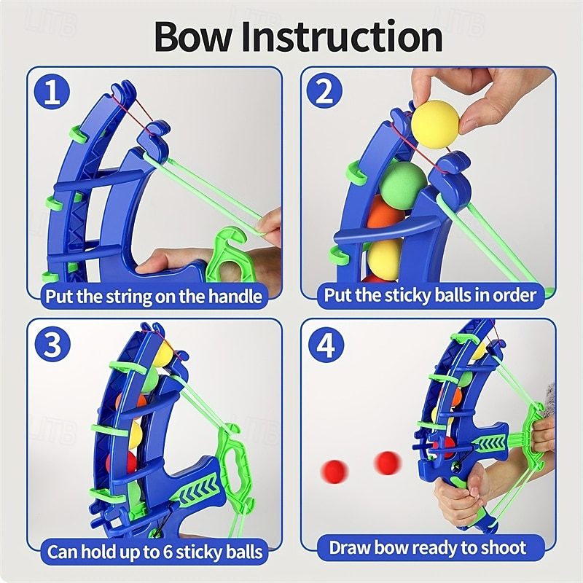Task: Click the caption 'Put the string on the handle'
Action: click(154, 296)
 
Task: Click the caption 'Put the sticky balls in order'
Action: click(430, 295)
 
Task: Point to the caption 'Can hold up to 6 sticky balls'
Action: click(154, 551)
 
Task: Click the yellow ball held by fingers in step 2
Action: click(435, 125)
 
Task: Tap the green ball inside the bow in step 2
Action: click(403, 180)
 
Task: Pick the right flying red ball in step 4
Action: click(387, 462)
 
